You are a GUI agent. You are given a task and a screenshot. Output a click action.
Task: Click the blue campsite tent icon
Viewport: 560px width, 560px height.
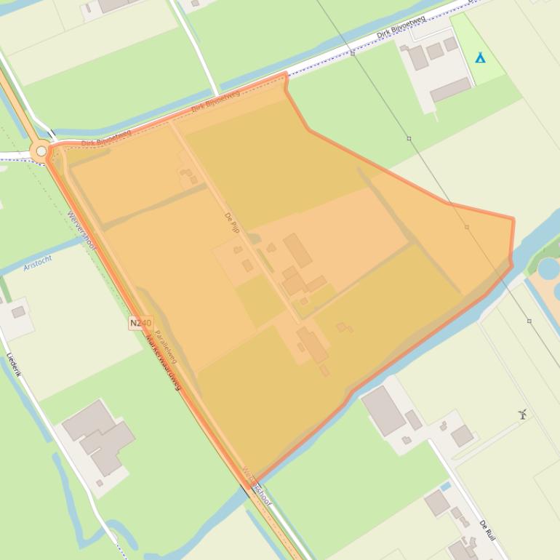(480, 57)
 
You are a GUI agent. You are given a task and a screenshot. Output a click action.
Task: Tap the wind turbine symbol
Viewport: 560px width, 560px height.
(522, 414)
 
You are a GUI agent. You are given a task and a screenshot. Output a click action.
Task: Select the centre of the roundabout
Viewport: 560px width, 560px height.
(41, 151)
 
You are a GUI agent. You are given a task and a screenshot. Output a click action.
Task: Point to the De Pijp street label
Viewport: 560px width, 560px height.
(231, 222)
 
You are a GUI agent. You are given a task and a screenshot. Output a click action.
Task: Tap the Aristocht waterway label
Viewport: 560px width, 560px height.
(38, 263)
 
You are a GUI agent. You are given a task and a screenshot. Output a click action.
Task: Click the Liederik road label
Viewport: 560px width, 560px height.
(14, 364)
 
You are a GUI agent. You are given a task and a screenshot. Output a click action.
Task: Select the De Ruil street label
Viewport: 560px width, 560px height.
(487, 530)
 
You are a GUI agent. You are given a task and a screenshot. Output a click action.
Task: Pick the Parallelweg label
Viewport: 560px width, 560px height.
(166, 342)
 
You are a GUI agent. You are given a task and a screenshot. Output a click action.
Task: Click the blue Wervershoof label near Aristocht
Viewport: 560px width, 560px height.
(81, 231)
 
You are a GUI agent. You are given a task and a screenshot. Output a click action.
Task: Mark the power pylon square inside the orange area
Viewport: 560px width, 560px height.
(467, 227)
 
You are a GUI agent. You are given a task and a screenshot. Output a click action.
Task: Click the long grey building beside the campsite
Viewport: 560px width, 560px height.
(450, 90)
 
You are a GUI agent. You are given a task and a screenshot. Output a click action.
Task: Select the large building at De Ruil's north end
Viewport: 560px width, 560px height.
(383, 411)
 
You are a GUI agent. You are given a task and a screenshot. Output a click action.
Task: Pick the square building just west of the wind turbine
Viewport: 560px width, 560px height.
(462, 436)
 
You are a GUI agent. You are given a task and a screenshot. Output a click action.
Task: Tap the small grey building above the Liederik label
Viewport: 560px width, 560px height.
(18, 312)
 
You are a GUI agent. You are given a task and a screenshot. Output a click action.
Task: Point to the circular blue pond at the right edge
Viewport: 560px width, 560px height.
(549, 268)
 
